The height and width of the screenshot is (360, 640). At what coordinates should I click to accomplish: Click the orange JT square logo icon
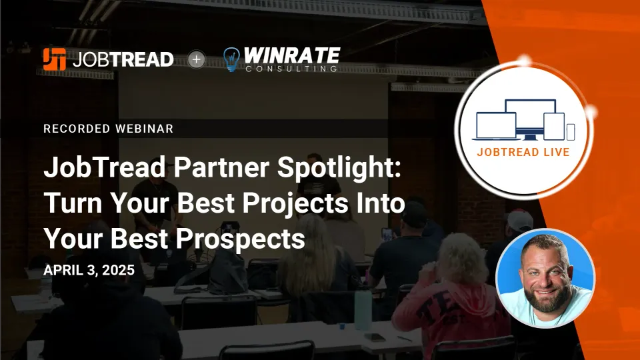[54, 59]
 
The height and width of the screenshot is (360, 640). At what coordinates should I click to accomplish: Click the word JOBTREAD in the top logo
[123, 59]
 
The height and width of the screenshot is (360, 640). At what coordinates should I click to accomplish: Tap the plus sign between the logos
[196, 59]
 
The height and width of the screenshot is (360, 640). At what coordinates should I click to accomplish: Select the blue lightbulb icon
[231, 59]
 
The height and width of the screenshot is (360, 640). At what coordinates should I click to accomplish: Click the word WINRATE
[292, 55]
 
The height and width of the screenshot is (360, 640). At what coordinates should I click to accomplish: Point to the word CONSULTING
[291, 69]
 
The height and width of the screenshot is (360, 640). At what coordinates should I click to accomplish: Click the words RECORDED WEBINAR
[109, 129]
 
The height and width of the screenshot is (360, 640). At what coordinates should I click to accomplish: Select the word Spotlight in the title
[339, 168]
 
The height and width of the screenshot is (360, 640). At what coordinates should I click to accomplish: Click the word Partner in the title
[221, 167]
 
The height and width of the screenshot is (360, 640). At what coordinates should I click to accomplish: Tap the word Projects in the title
[297, 204]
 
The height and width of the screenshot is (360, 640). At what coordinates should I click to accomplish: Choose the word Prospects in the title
[241, 239]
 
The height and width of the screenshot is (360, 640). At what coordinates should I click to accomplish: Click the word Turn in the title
[73, 203]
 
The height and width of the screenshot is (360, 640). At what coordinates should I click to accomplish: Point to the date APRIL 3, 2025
[89, 270]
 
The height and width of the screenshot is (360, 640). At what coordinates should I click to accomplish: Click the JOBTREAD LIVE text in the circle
[523, 152]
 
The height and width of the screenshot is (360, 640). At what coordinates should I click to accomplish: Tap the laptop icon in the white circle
[496, 127]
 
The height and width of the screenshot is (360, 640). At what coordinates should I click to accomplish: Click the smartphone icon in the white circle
[571, 132]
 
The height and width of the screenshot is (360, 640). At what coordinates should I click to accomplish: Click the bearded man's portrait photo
[545, 279]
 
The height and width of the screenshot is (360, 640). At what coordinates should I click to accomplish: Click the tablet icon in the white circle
[554, 127]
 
